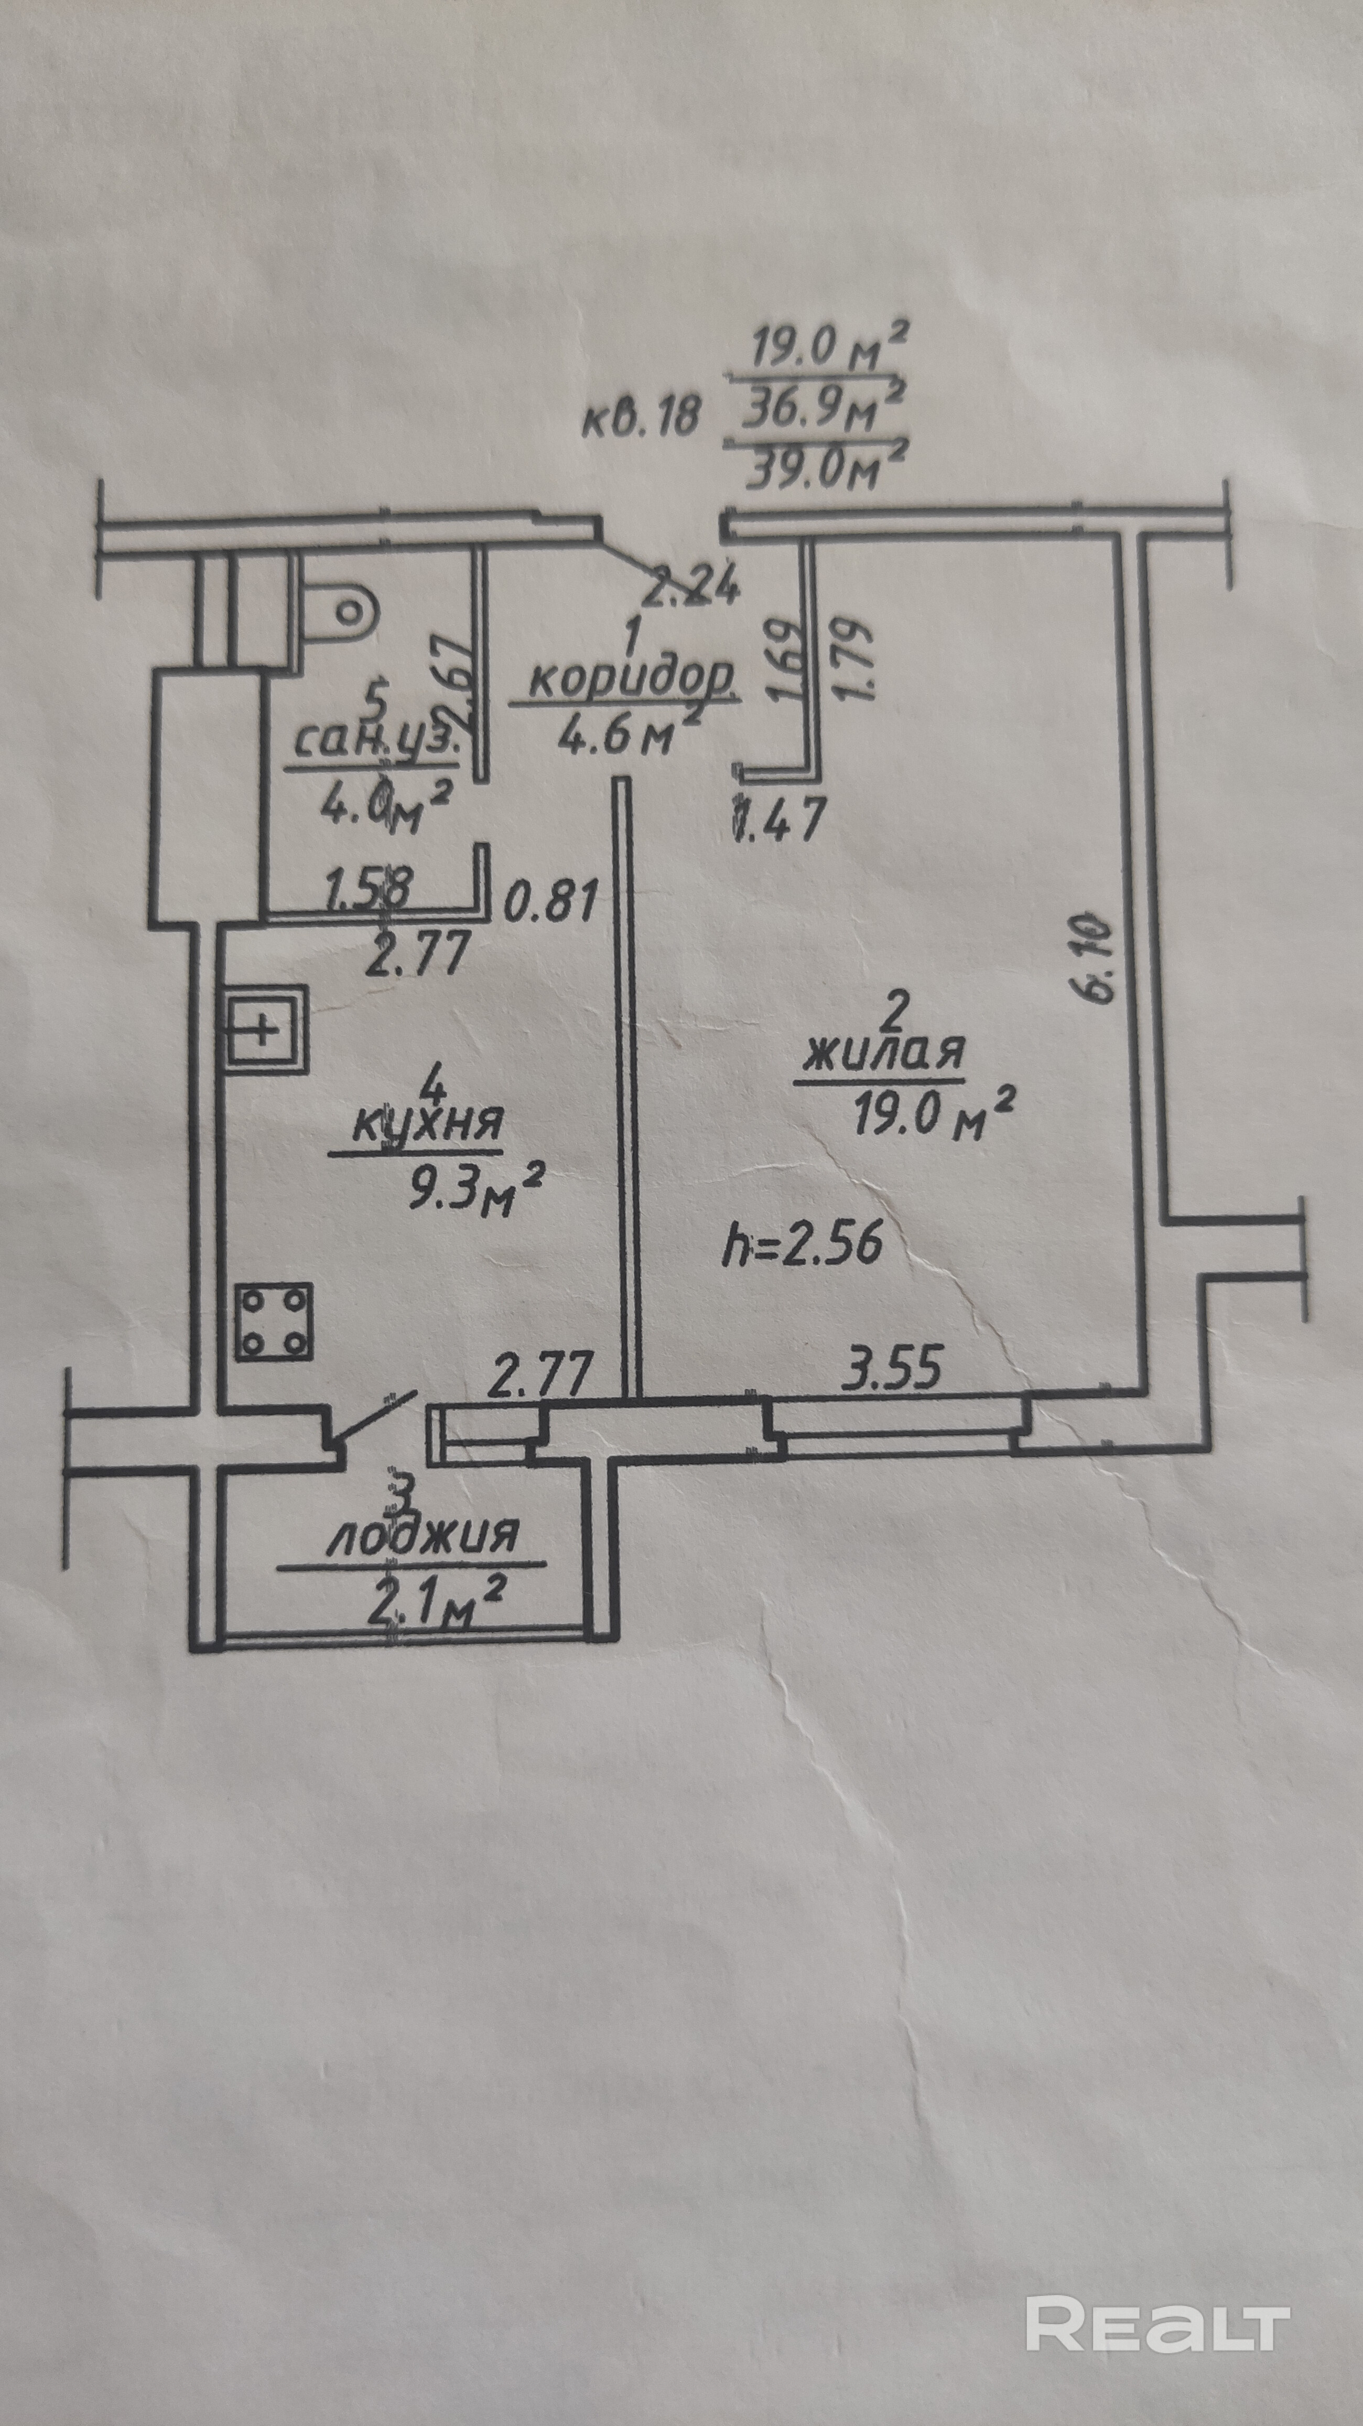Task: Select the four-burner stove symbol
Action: pos(273,1321)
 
